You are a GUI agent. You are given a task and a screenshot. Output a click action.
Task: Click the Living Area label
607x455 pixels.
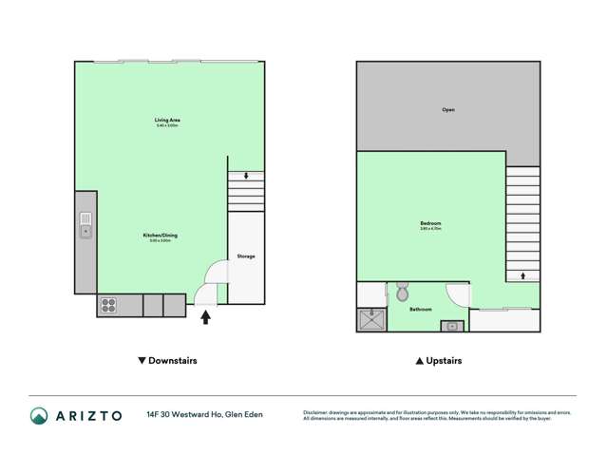coord(167,120)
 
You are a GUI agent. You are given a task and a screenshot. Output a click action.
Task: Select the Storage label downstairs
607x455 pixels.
coord(245,256)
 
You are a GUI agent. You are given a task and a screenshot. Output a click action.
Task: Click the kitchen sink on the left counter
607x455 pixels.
coord(85,224)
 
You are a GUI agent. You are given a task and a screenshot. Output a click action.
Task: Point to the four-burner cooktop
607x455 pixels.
coord(108,305)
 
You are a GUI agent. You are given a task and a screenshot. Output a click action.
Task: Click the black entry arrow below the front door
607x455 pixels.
coord(205,318)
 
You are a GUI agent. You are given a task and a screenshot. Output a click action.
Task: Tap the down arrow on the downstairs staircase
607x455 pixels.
coord(246,176)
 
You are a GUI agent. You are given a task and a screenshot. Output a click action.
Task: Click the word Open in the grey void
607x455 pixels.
coord(448,110)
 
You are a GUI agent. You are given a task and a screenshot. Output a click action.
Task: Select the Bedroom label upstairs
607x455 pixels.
coord(430,224)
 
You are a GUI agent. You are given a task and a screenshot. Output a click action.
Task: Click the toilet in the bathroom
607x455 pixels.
coord(402,289)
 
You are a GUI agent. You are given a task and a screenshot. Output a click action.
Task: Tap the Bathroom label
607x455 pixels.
coord(421,310)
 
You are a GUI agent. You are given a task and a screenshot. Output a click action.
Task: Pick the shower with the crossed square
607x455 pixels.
coord(368,320)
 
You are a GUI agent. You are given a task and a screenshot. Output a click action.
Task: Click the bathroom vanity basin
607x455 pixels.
coord(452,326)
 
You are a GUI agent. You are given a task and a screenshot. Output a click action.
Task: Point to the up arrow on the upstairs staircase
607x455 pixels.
coord(522,276)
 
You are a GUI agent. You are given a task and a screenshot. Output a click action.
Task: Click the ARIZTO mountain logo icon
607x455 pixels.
coord(39,415)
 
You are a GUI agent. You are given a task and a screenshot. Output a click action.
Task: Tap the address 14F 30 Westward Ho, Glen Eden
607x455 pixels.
coord(204,415)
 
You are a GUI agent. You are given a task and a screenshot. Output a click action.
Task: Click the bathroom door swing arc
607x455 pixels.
coord(460,295)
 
